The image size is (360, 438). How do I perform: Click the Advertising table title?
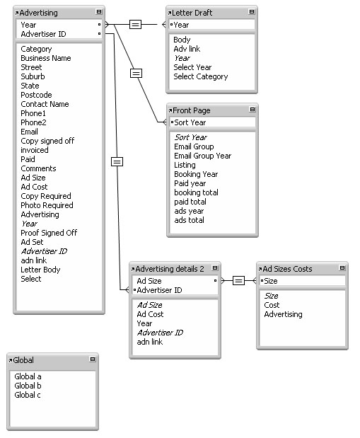tap(38, 13)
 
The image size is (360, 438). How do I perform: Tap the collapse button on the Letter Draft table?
tap(252, 12)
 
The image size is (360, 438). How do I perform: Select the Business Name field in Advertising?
tap(46, 58)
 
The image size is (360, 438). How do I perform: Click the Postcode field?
tap(36, 95)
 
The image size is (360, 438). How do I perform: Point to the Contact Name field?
tap(45, 104)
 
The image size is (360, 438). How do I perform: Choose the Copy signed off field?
tap(47, 141)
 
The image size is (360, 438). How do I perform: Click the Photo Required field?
tap(47, 205)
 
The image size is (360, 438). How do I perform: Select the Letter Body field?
tap(40, 270)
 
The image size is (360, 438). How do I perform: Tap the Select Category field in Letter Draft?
tap(201, 76)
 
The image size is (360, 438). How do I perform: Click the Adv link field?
tap(187, 49)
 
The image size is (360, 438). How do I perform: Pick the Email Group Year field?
tap(203, 156)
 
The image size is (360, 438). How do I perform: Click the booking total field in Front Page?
tap(196, 192)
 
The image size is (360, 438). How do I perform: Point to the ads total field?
tap(189, 220)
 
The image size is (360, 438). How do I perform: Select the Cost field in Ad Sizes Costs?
tap(272, 305)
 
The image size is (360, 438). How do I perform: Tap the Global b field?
tap(28, 386)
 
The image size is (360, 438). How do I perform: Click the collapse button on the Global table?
tap(93, 359)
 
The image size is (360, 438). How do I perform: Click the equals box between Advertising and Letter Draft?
tap(136, 25)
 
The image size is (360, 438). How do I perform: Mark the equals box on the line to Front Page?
tap(136, 74)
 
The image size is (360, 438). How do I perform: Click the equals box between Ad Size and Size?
tap(238, 280)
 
